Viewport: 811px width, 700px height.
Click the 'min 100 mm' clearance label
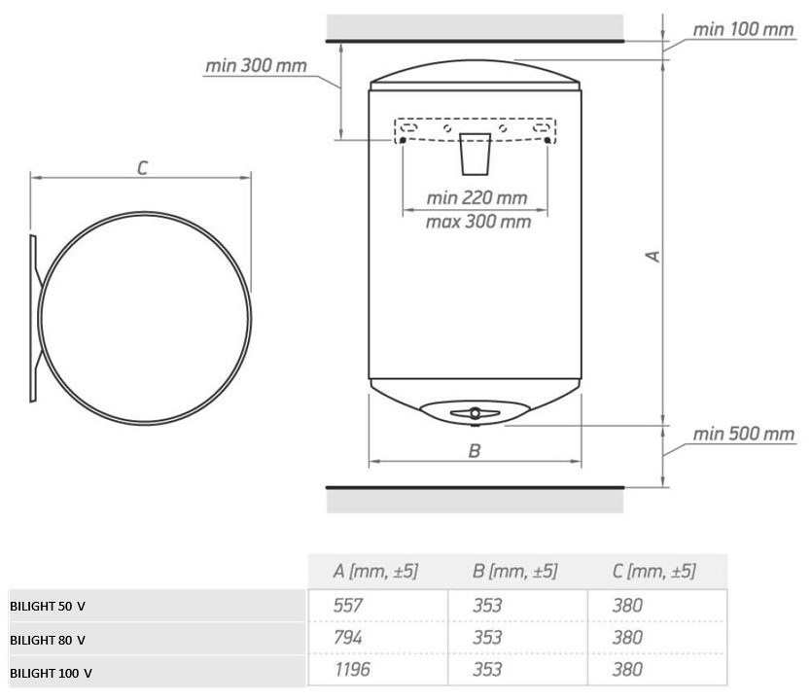point(743,29)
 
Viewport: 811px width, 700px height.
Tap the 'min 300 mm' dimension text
point(256,66)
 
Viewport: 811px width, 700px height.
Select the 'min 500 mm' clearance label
point(744,434)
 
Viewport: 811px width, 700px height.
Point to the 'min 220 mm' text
point(476,197)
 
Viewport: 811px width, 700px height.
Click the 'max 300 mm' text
point(477,222)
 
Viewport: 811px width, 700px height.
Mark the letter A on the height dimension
point(653,256)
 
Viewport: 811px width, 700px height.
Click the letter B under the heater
point(475,451)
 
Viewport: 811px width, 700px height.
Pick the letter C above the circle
point(142,168)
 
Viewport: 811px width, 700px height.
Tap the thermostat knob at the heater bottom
point(475,413)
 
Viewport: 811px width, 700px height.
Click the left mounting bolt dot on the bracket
point(403,140)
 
